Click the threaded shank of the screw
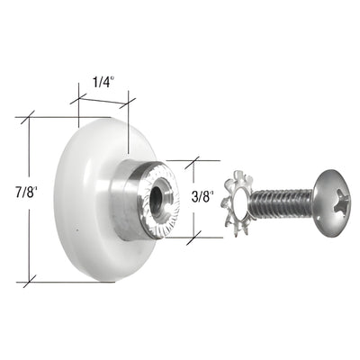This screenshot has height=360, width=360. [281, 202]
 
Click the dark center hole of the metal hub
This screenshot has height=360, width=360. [162, 196]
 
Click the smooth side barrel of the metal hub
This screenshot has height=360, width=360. [128, 198]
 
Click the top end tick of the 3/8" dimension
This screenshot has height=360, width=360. [192, 161]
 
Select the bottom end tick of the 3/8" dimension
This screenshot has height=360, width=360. [192, 238]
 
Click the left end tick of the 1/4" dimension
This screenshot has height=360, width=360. [78, 99]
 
